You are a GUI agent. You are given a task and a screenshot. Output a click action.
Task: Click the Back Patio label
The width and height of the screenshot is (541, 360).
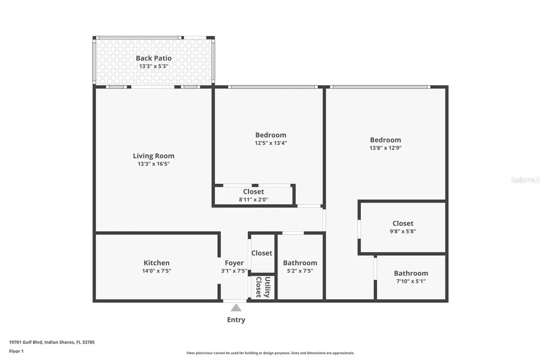click(153, 58)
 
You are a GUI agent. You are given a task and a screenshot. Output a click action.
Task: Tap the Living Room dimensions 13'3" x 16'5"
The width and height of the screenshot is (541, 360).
click(153, 164)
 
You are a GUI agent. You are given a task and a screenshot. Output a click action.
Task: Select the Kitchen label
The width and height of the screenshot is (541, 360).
click(156, 263)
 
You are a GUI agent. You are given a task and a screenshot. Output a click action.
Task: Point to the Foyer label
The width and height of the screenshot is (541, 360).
click(234, 263)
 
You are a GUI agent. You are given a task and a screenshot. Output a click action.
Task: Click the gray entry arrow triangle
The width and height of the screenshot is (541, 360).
click(236, 308)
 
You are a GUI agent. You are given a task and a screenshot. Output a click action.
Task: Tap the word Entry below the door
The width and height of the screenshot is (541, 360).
click(236, 320)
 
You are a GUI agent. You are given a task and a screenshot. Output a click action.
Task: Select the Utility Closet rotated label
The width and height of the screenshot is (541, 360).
click(263, 287)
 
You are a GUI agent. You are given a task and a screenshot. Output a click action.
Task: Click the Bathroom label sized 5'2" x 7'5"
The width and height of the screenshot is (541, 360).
click(300, 263)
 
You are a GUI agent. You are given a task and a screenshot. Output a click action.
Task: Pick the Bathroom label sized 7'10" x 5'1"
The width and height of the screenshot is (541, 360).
click(411, 273)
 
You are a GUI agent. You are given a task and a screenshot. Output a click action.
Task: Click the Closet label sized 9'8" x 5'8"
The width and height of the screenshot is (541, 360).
click(403, 223)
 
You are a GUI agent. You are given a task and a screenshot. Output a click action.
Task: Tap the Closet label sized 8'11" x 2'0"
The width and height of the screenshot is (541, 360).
click(254, 192)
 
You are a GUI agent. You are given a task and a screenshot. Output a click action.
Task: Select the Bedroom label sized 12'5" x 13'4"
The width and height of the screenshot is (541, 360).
click(270, 135)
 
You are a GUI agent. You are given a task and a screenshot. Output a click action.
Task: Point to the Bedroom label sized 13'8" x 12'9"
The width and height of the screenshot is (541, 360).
click(385, 140)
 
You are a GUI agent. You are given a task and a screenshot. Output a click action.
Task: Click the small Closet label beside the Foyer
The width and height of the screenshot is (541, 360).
click(262, 253)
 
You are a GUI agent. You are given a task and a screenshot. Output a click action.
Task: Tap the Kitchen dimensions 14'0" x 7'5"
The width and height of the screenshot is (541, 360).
click(156, 271)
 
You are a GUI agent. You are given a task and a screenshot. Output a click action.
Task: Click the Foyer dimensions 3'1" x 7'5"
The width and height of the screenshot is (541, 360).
click(234, 271)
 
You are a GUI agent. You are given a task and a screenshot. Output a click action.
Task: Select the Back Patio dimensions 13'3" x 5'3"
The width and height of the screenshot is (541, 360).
click(153, 67)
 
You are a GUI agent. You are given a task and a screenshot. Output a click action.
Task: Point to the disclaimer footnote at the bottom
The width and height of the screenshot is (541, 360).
click(270, 353)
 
